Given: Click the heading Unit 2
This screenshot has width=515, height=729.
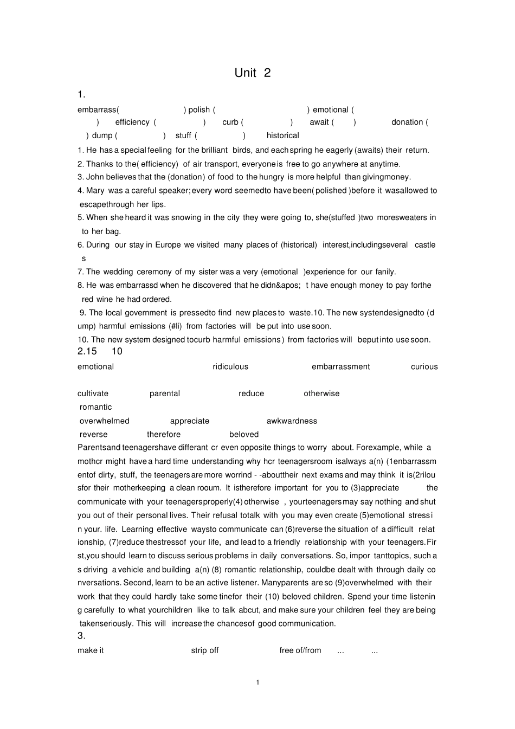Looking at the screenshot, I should coord(252,73).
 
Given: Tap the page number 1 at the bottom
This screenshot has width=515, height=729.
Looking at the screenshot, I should coord(257,682).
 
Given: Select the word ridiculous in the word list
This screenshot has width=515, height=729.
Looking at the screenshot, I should coord(230,367).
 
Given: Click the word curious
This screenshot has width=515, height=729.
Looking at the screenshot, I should coord(424,367).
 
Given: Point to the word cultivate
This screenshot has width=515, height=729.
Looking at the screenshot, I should coord(93,393).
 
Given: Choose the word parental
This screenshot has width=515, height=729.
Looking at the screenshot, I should coord(165,393).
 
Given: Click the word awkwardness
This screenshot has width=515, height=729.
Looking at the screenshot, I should coord(292,421).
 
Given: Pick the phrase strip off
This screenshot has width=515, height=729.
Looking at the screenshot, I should coord(205,650).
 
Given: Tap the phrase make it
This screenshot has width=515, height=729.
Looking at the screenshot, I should coord(91,650).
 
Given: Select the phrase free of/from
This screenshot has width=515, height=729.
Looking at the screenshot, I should coord(300,650).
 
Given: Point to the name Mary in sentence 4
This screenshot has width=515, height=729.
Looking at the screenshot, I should coord(95,191).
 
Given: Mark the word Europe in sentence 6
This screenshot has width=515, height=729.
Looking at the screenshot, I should coord(168,245).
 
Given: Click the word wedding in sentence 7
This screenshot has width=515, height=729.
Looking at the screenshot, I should coord(118,272).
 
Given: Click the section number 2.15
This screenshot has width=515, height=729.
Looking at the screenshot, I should coord(87,351).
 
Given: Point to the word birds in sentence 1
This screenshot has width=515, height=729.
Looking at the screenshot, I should coord(241,150).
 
